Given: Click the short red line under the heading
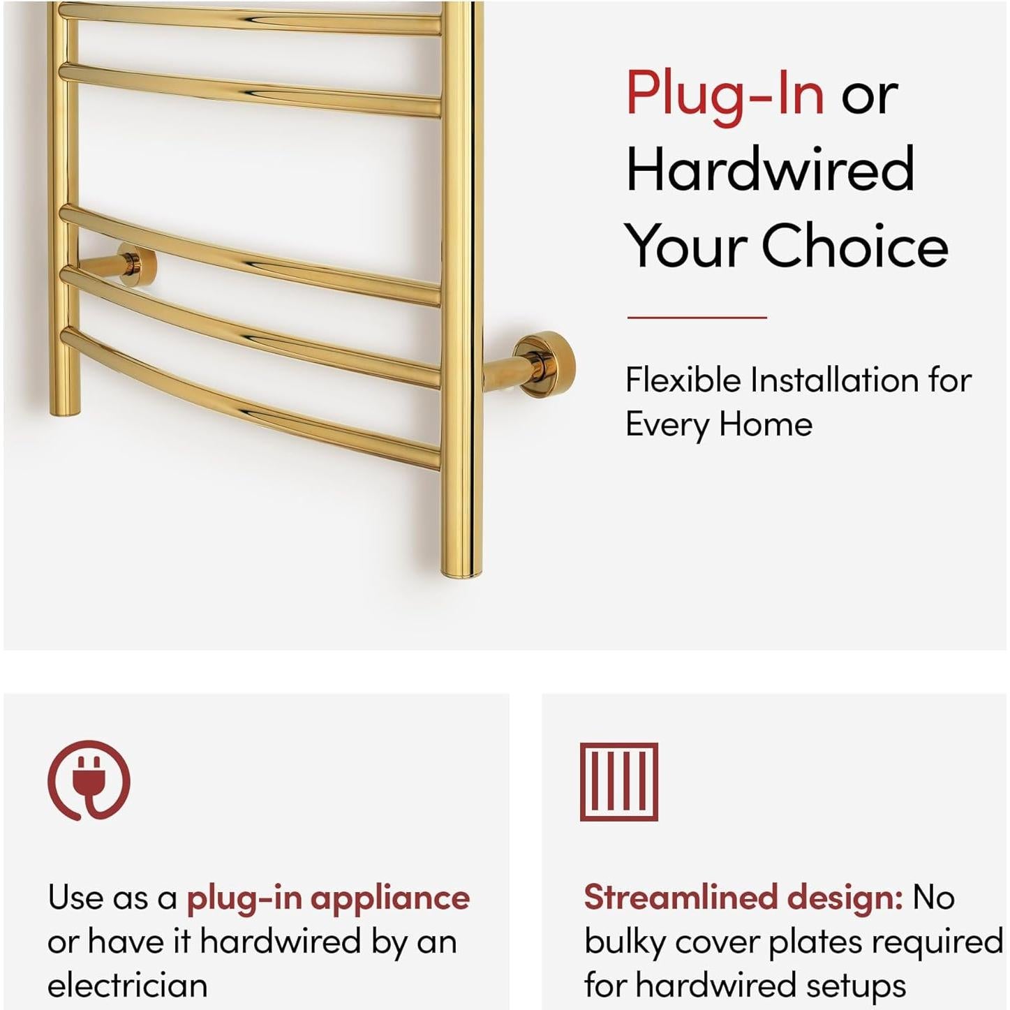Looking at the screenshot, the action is tap(697, 317).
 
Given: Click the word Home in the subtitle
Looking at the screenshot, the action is tap(766, 424).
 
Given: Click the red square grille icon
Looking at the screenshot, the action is tap(619, 782).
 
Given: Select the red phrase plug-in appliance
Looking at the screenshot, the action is tap(329, 898).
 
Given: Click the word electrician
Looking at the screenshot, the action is tap(127, 986).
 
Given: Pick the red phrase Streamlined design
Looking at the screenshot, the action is tap(743, 898).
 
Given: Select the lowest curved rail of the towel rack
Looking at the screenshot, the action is tap(251, 399).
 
